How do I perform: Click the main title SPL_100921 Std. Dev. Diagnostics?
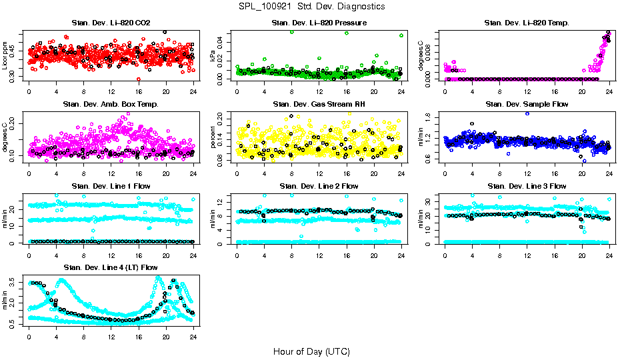coord(311,7)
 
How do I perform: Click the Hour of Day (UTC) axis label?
coord(311,351)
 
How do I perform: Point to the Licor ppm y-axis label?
coord(5,56)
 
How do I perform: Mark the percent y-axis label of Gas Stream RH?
coord(213,138)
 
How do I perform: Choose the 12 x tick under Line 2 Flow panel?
coord(319,254)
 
